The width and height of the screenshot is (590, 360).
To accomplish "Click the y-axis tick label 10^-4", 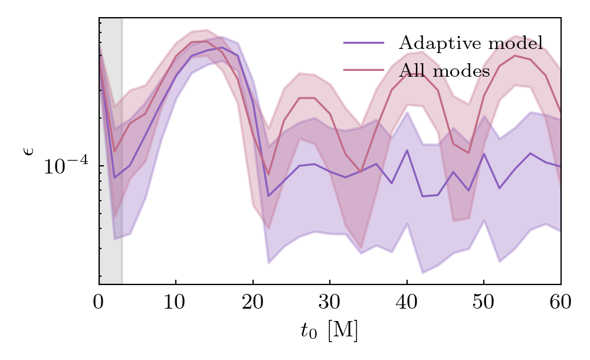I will tap(66, 166).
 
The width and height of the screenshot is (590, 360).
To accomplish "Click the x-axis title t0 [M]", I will tap(329, 331).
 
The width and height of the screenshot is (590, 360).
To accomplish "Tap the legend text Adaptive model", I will tap(470, 43).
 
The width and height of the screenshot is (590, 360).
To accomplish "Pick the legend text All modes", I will tap(444, 71).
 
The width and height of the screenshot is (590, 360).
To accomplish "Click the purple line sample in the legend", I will tap(363, 43).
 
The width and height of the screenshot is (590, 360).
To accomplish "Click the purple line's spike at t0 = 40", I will tap(407, 150).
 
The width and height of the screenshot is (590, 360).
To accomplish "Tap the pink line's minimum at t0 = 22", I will tap(268, 175).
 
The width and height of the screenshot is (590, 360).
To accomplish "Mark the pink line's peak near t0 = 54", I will tap(515, 55).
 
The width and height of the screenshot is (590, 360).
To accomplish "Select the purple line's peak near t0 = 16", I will tap(222, 48).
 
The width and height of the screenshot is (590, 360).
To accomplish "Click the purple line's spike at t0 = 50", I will tap(484, 154).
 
